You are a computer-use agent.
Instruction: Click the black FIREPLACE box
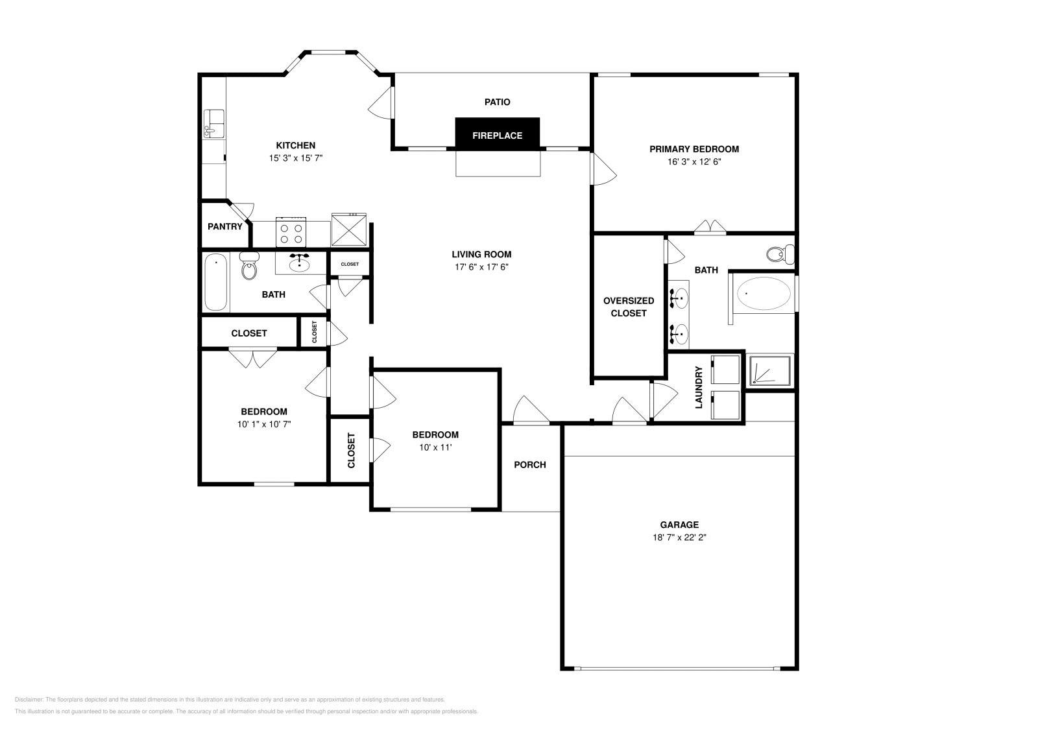pyautogui.click(x=497, y=135)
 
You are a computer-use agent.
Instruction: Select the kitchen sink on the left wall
pyautogui.click(x=213, y=124)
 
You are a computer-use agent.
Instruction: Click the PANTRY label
pyautogui.click(x=224, y=227)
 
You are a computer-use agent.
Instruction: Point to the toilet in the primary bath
pyautogui.click(x=779, y=254)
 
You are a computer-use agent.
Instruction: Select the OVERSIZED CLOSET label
pyautogui.click(x=628, y=307)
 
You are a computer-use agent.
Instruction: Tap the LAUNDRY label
pyautogui.click(x=699, y=387)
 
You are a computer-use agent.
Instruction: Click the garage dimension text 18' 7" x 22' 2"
pyautogui.click(x=679, y=538)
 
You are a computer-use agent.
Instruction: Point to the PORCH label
pyautogui.click(x=529, y=465)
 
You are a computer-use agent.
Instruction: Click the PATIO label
pyautogui.click(x=497, y=102)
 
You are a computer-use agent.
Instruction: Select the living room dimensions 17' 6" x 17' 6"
pyautogui.click(x=481, y=267)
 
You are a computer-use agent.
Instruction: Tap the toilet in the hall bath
pyautogui.click(x=249, y=267)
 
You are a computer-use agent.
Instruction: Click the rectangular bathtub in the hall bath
pyautogui.click(x=215, y=282)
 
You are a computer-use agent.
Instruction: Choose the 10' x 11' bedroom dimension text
pyautogui.click(x=435, y=447)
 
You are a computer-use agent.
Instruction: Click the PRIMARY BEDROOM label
pyautogui.click(x=694, y=149)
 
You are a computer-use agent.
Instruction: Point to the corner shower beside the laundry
pyautogui.click(x=769, y=370)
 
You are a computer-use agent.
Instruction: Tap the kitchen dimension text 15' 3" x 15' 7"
pyautogui.click(x=296, y=158)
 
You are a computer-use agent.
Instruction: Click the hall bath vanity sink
pyautogui.click(x=300, y=264)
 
